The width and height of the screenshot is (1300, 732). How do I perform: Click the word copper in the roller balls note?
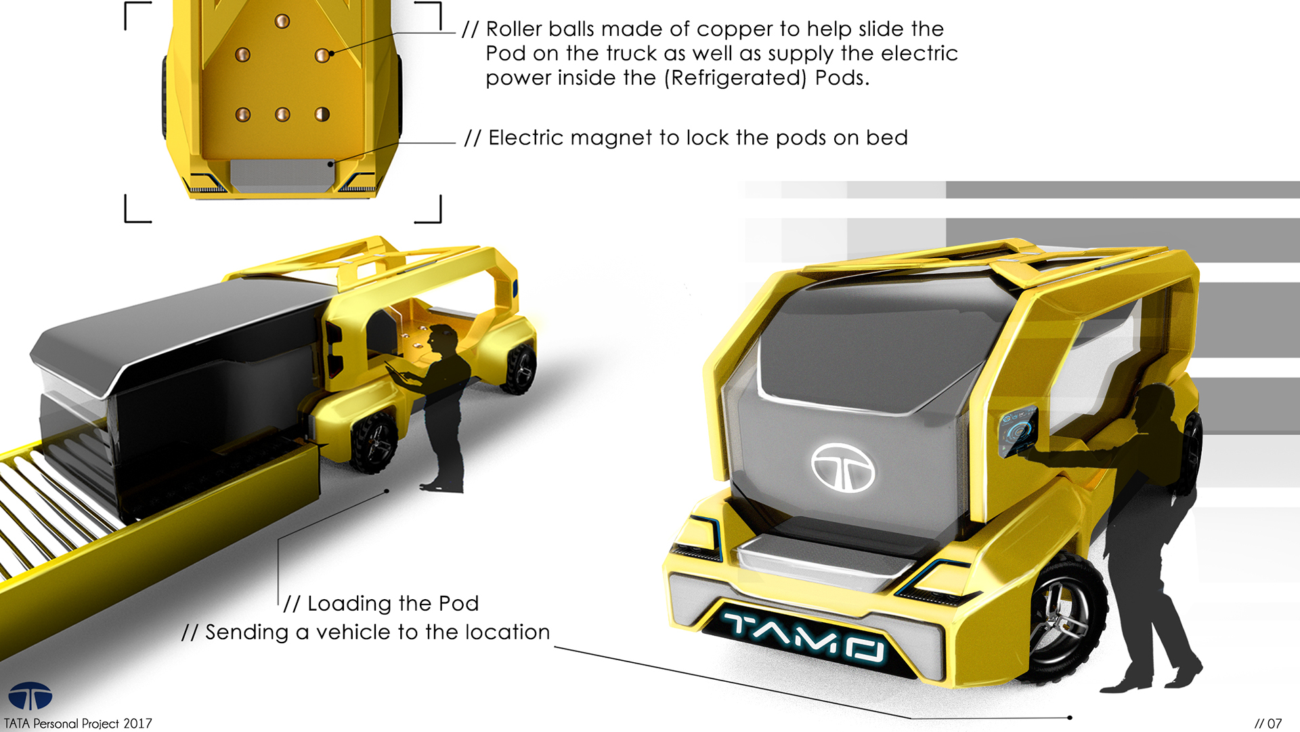[734, 29]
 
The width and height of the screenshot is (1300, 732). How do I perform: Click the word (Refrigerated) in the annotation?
[735, 78]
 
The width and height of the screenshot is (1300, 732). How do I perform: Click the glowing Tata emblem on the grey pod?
[842, 468]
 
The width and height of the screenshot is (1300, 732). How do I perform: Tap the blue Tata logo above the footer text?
[30, 696]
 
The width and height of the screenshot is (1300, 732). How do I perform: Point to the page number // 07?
[1267, 723]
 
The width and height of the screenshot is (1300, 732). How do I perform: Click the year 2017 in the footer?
[137, 723]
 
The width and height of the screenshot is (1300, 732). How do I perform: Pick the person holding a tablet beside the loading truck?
[443, 407]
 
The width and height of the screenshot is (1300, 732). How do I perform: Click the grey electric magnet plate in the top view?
[282, 174]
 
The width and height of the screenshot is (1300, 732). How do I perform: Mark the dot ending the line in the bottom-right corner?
[1070, 717]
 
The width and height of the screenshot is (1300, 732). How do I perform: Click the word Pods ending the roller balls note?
[841, 78]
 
